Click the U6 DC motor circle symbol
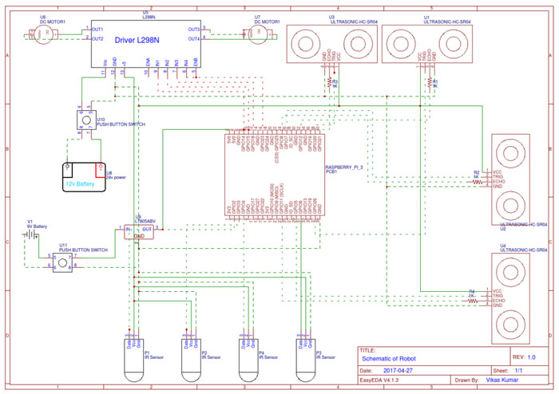pyautogui.click(x=48, y=32)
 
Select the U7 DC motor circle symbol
pyautogui.click(x=258, y=31)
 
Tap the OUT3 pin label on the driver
pyautogui.click(x=193, y=30)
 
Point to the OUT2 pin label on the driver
pyautogui.click(x=97, y=38)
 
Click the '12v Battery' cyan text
pyautogui.click(x=81, y=183)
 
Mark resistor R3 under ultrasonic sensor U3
pyautogui.click(x=327, y=82)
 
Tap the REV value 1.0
pyautogui.click(x=532, y=358)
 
